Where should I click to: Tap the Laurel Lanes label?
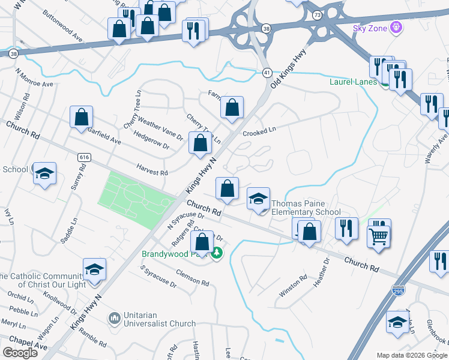(352, 82)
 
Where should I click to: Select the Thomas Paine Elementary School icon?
(259, 199)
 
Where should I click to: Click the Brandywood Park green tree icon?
(217, 254)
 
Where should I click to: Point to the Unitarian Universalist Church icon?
(114, 317)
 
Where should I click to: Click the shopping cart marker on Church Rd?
(379, 234)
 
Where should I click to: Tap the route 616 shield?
(84, 157)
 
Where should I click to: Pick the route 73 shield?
(316, 13)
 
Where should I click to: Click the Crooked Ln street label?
(259, 131)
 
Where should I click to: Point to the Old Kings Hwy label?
(289, 69)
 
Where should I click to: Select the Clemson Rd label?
(192, 277)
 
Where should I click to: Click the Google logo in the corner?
(20, 353)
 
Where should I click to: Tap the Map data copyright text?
(411, 355)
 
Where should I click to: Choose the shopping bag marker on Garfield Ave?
(81, 118)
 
